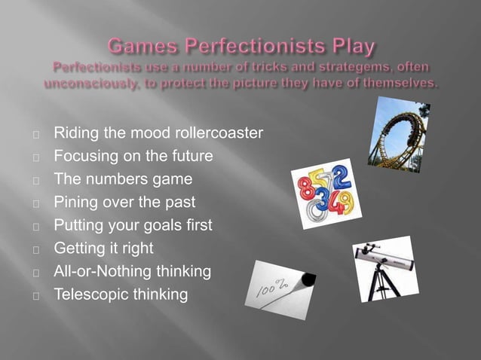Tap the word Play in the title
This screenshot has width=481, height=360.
[x=348, y=47]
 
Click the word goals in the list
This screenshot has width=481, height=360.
[x=162, y=225]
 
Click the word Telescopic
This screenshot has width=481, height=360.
[x=87, y=294]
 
